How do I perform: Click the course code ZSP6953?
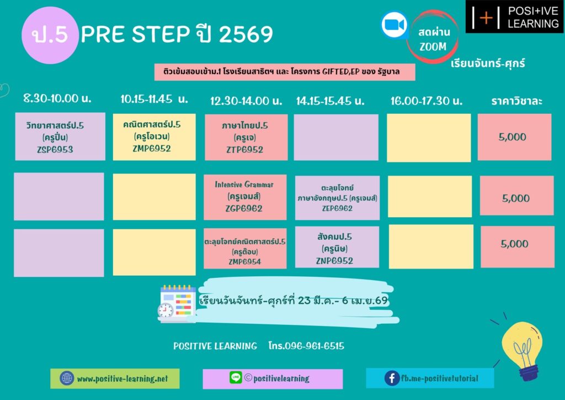click(x=55, y=149)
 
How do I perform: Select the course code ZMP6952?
click(x=152, y=149)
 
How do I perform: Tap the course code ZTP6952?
click(x=244, y=150)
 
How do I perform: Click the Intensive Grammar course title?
click(x=244, y=185)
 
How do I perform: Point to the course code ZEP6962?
click(x=337, y=208)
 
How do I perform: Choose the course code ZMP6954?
click(x=244, y=261)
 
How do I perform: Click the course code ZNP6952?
click(x=334, y=261)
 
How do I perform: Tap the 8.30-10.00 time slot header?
click(x=57, y=98)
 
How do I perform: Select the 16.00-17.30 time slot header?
click(x=427, y=101)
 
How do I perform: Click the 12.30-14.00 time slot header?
click(x=246, y=101)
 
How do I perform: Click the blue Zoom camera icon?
click(x=395, y=25)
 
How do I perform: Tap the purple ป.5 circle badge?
click(x=50, y=35)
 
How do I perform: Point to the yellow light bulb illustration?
click(x=523, y=350)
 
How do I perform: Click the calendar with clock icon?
click(x=177, y=303)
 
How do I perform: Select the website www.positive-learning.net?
click(x=122, y=378)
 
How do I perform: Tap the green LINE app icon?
click(x=236, y=377)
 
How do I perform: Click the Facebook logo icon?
click(x=392, y=378)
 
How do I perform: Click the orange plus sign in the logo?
click(x=486, y=17)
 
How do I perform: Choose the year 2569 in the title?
click(x=246, y=34)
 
